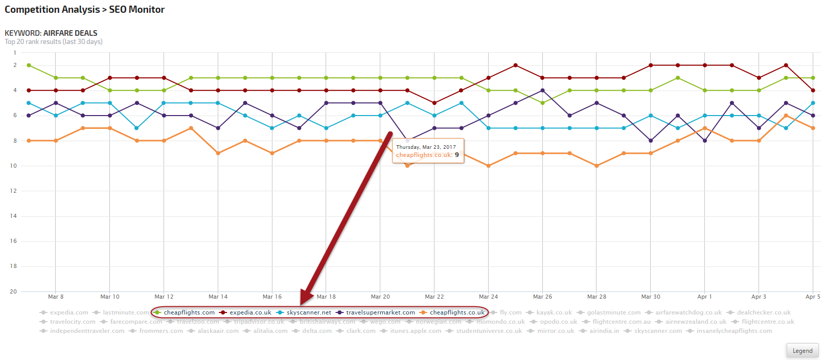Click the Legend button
pos(802,351)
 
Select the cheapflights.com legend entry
pos(189,312)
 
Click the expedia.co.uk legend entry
pos(250,312)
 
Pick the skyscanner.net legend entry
pos(309,312)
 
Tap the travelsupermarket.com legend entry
pos(380,312)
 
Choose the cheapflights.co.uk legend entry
pos(456,312)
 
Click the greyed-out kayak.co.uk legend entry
pos(554,312)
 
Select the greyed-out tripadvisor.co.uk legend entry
pos(259,322)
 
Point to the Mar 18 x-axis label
pos(326,297)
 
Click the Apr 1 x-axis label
pos(704,297)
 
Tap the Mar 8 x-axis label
pos(56,297)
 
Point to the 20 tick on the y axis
pos(13,291)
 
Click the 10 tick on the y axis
pos(13,166)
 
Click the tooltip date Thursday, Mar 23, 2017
pos(426,147)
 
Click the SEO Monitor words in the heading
pos(136,9)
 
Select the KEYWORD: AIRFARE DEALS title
pos(51,33)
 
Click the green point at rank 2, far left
pos(29,65)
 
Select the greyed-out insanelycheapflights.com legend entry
pos(734,331)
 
